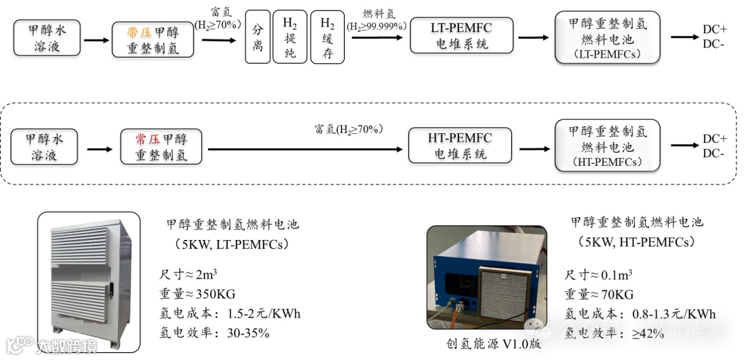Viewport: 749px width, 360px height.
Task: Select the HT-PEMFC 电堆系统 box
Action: [x=460, y=145]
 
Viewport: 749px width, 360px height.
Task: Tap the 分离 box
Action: [x=257, y=39]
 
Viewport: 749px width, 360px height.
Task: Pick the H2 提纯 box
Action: [x=289, y=39]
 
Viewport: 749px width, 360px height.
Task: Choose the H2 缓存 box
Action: [x=327, y=39]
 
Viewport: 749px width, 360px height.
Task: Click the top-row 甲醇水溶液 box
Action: [x=47, y=39]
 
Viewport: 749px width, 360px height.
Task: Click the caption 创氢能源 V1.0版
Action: [x=494, y=343]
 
